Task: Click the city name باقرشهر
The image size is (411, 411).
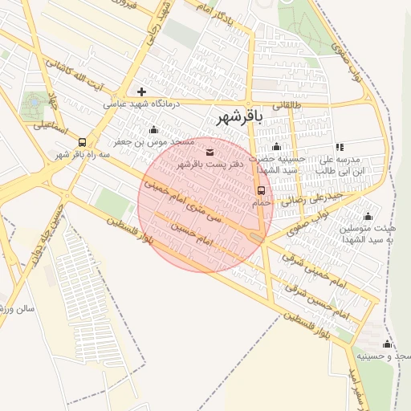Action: pos(239,117)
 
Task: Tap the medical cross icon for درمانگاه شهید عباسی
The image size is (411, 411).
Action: pos(141,92)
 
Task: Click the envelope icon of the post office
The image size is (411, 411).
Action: pos(210,153)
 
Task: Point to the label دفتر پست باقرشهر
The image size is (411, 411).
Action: pos(208,164)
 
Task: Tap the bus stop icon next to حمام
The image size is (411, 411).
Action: pos(261,190)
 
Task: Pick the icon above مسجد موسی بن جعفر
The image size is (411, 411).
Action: pos(154,130)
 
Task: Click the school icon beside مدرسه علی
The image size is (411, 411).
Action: pos(340,147)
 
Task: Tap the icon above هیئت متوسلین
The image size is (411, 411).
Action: pos(368,216)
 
